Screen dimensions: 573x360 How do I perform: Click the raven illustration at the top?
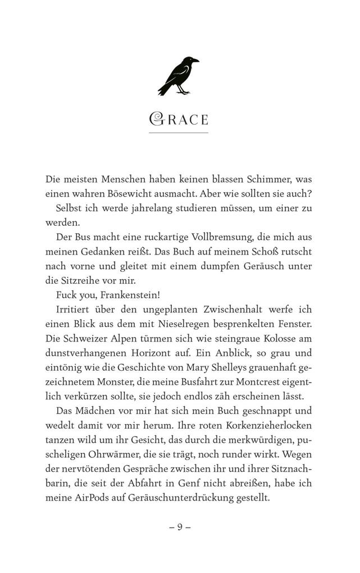tap(178, 76)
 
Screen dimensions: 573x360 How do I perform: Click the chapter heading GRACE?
tap(179, 119)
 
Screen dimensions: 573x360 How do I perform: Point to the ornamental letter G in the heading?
tap(156, 119)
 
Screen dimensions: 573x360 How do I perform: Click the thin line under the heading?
tap(179, 133)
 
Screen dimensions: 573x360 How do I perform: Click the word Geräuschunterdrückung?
tap(171, 498)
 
